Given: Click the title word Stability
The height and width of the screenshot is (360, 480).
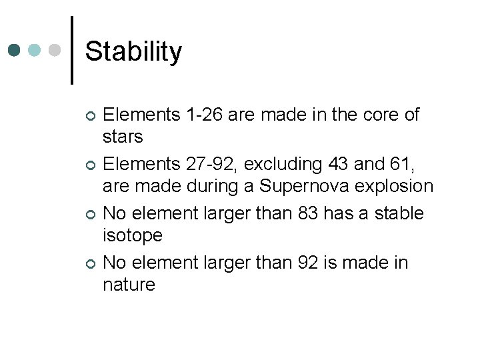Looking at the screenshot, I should coord(133,51).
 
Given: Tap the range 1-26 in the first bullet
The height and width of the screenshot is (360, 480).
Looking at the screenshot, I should coord(203,115).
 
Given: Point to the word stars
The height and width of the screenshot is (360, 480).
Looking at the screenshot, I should coord(123,137).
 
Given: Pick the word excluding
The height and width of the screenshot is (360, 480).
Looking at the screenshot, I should coord(283,164).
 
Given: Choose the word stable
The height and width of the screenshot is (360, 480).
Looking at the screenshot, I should coord(399,213).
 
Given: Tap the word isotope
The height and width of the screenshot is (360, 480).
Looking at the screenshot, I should coord(132,235).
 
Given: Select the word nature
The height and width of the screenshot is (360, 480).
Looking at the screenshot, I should coord(129,285).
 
